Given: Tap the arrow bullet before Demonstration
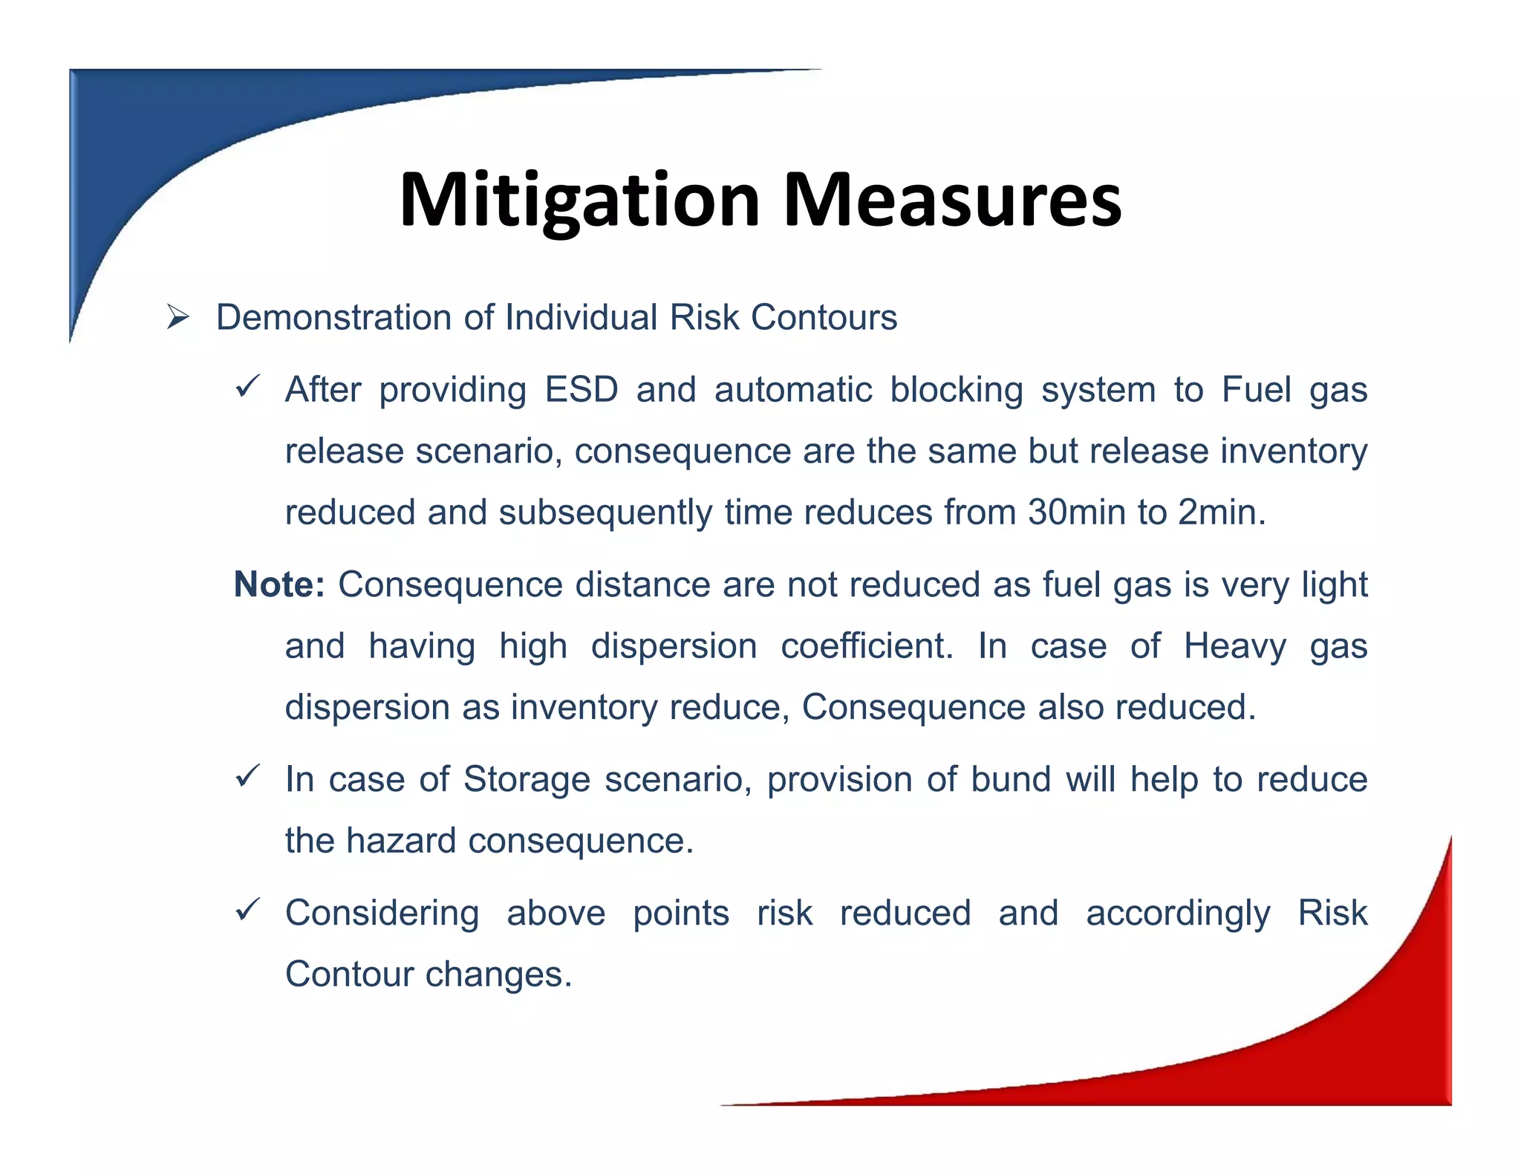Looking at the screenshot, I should coord(178,318).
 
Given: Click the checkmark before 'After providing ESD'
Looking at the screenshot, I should coord(247,387).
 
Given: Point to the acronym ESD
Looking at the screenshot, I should coord(581,390).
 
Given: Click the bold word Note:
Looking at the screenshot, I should coord(279,585).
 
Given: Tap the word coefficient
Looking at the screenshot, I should coord(867,645).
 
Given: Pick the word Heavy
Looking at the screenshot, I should coord(1234,645).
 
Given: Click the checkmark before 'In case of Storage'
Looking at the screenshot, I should coord(247,777).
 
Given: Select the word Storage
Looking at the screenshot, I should coord(527,780).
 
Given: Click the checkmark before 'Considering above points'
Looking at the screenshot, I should coord(247,910).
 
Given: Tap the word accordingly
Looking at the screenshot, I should coord(1178,914).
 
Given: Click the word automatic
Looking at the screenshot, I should coord(792,390).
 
